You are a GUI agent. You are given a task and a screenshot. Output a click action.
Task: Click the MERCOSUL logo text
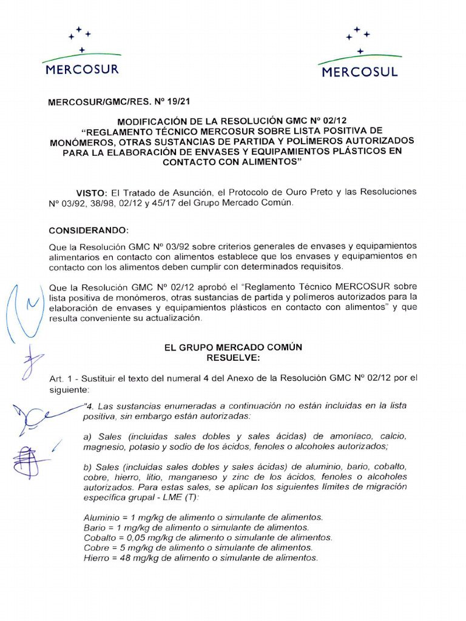point(360,72)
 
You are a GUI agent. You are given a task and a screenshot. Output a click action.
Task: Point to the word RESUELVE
point(234,357)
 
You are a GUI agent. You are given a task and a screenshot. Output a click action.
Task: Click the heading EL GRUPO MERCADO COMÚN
point(234,347)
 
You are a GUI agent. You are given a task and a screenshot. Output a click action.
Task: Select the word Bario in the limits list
point(94,528)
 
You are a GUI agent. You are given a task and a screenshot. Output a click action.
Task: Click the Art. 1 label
point(59,378)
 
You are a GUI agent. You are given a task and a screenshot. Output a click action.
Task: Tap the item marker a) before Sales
point(87,436)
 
